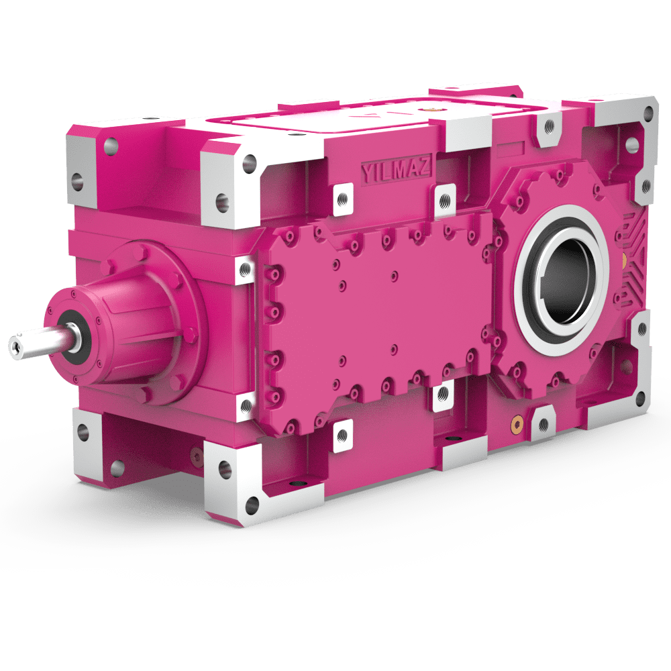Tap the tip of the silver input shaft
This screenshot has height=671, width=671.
pos(15,346)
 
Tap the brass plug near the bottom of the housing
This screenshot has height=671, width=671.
pos(515,423)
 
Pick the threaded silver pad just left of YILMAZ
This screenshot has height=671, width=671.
pos(343,198)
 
